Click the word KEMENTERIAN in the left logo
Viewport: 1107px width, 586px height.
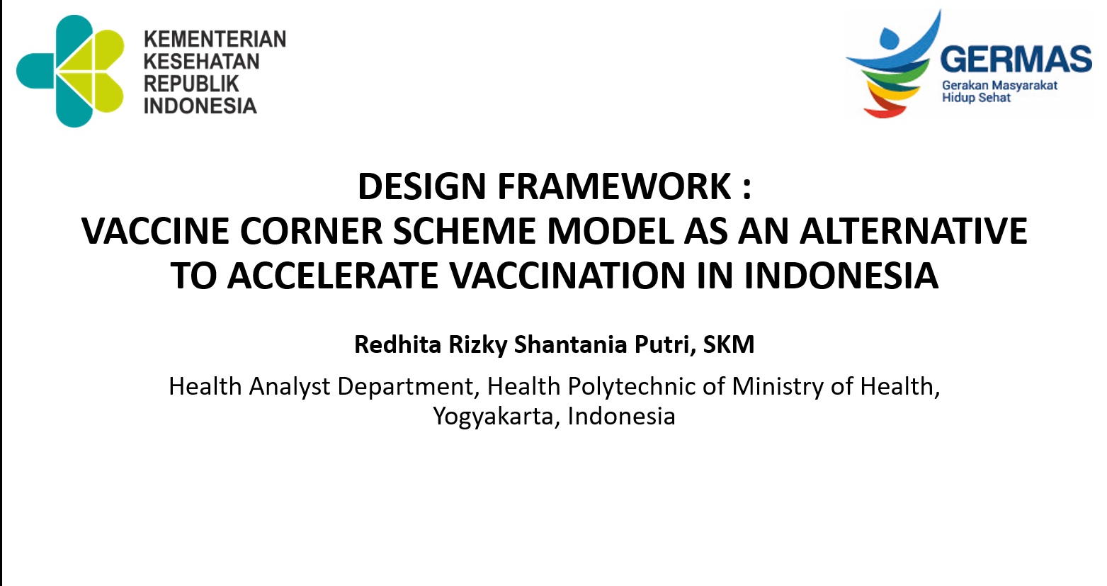pos(215,39)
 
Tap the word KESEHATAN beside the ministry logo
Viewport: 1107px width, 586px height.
pos(201,62)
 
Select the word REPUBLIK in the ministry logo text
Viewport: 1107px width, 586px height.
pos(191,84)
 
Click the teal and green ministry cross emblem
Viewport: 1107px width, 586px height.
pos(70,71)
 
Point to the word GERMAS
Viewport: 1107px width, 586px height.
pos(1016,59)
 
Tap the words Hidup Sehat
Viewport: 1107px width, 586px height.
pos(976,97)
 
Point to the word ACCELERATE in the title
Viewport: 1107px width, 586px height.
pos(333,276)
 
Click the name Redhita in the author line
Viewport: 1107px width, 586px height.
pos(397,344)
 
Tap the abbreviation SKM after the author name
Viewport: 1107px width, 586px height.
pos(729,344)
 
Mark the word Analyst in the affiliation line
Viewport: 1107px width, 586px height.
pos(290,386)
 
